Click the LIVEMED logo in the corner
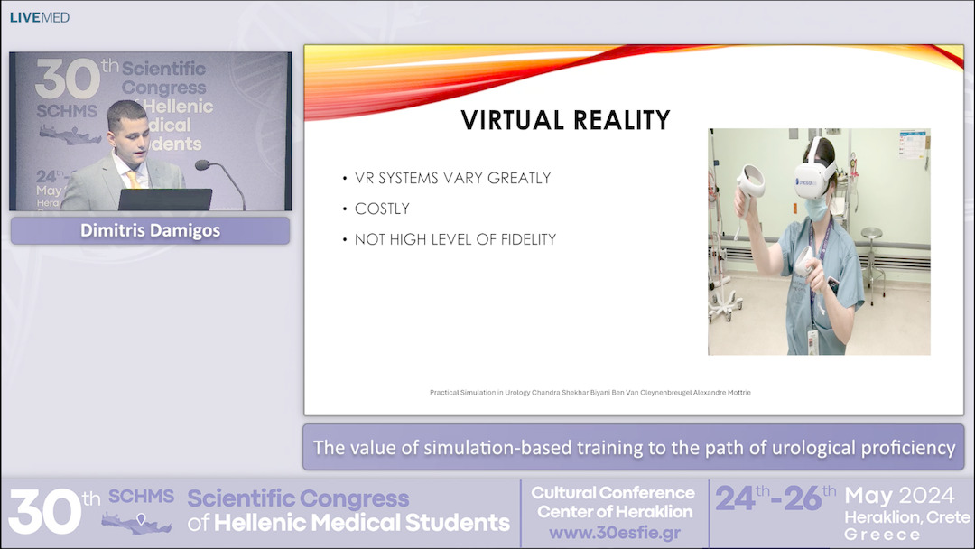[x=39, y=17]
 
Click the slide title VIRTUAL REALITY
[x=565, y=120]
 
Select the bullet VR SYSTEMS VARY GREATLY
[x=452, y=178]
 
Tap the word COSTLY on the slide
[x=382, y=209]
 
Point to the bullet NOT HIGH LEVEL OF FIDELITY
[x=455, y=239]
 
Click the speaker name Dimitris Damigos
[x=150, y=230]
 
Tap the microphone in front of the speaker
[x=203, y=165]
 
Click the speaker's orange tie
[x=133, y=179]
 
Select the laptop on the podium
[x=164, y=200]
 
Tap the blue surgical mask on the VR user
[x=815, y=207]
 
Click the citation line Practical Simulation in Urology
[x=590, y=393]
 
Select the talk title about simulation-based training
[x=634, y=447]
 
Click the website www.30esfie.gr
[x=614, y=532]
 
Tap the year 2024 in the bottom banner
[x=923, y=496]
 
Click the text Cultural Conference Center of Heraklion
[x=614, y=502]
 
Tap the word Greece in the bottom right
[x=882, y=534]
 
